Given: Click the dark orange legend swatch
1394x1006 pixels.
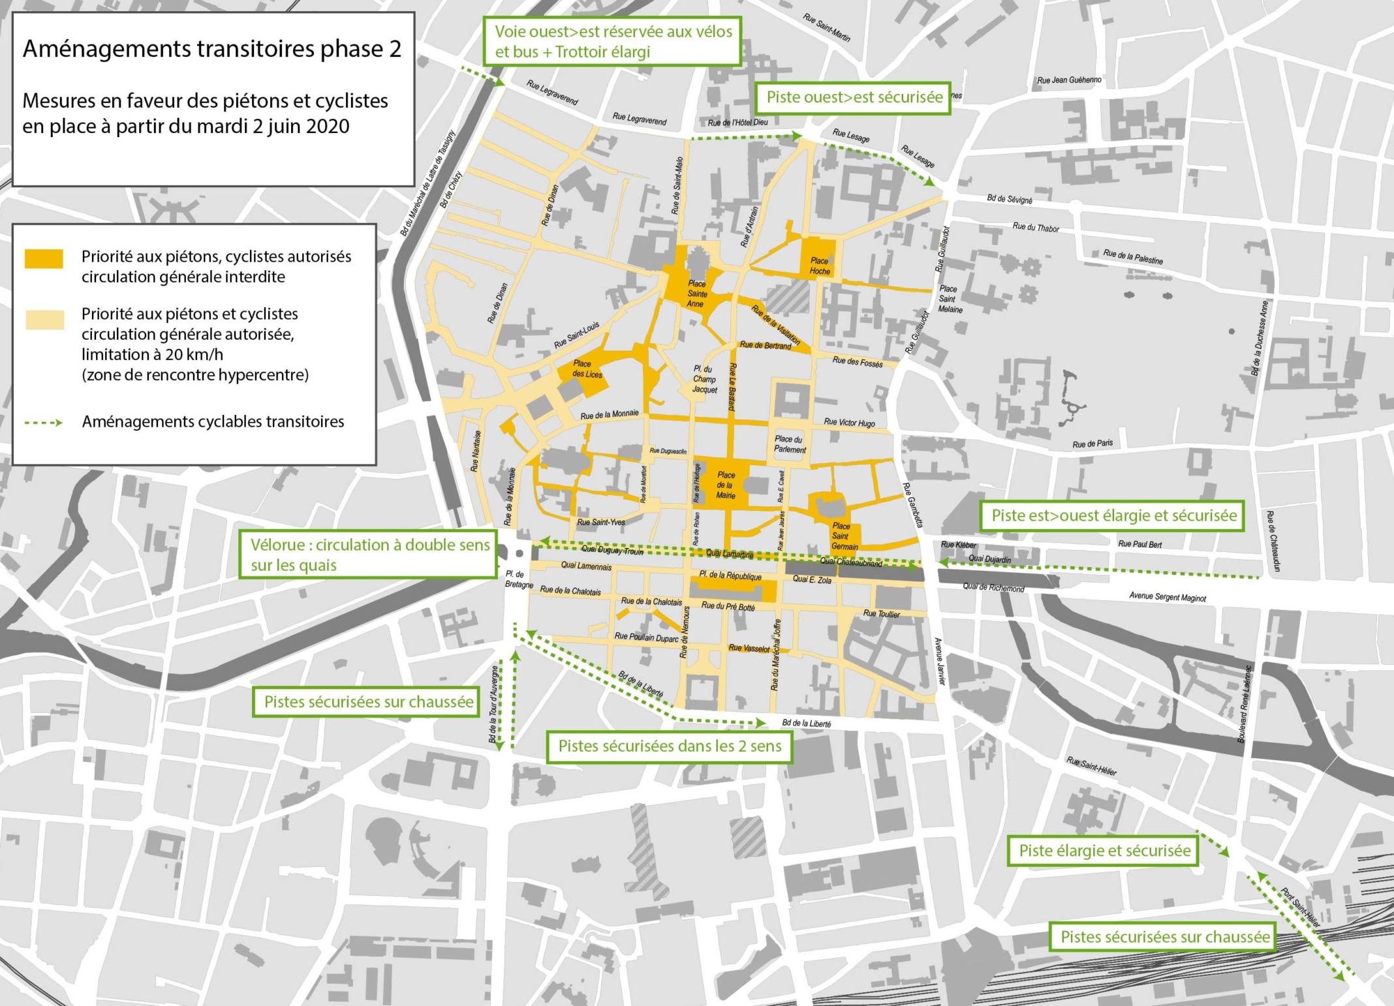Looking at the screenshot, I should point(44,258).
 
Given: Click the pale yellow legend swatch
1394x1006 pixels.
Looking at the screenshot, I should point(44,320).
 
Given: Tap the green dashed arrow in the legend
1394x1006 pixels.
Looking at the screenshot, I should point(44,423).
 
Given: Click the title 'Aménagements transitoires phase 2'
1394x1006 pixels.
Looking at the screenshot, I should point(212,50).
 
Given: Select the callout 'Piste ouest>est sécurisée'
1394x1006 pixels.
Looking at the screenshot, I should point(854,98).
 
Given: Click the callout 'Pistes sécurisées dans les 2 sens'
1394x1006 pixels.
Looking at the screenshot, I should point(670,746).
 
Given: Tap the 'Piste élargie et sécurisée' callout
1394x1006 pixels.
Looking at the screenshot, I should point(1105,851).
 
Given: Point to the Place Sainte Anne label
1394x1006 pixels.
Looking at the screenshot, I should point(697,294).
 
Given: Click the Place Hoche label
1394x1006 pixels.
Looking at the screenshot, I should point(820,266).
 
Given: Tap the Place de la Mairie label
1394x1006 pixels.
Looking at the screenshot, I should point(726,485).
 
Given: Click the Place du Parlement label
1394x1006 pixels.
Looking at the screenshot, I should point(790,444).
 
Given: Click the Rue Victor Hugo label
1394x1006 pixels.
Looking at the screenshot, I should point(849,423).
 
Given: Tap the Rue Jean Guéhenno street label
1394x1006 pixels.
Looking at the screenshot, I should point(1069,81).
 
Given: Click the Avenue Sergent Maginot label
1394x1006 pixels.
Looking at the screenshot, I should point(1168,597).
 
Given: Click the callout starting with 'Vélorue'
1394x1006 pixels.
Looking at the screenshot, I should point(369,555).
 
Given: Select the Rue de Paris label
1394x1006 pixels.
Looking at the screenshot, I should point(1092,444).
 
